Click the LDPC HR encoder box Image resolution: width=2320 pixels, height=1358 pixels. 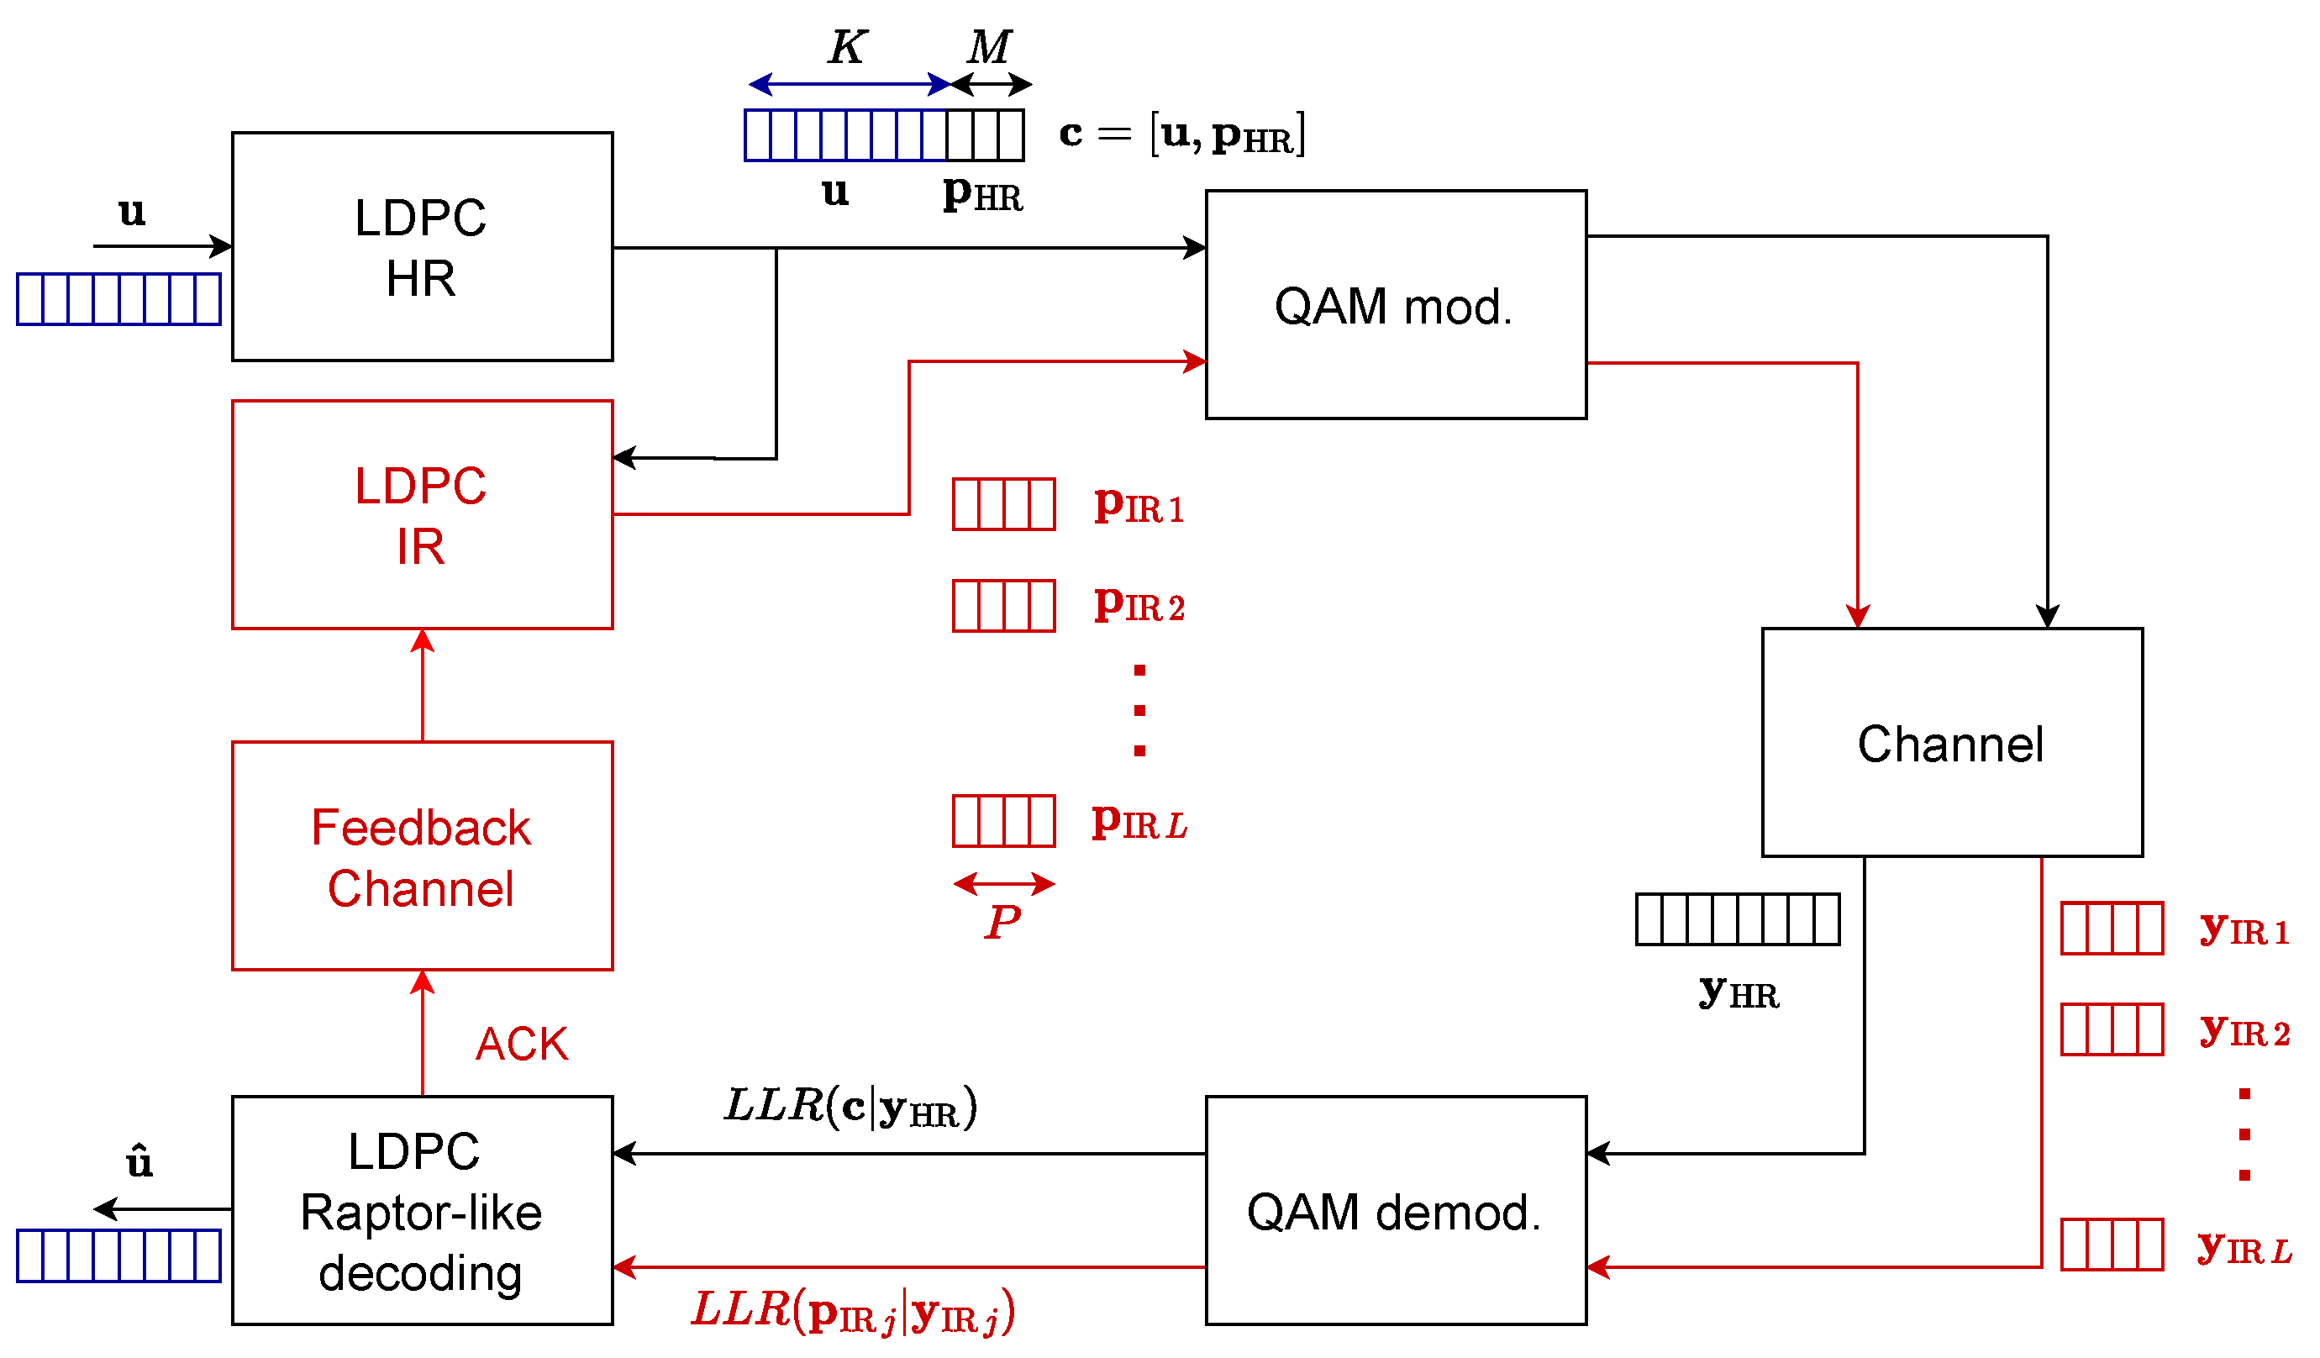coord(422,247)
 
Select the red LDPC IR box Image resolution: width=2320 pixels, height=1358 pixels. coord(422,514)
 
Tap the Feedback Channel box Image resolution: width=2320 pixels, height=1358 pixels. coord(422,856)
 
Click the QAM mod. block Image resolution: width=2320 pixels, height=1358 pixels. coord(1396,305)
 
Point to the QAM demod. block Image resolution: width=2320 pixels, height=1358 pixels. coord(1396,1211)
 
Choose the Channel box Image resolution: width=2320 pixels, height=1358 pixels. coord(1952,743)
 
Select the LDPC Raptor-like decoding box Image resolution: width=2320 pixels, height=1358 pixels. coord(422,1211)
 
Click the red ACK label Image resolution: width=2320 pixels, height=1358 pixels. coord(522,1045)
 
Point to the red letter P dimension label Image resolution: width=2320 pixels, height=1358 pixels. coord(1002,922)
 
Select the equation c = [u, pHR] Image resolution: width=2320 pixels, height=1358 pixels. coord(1182,134)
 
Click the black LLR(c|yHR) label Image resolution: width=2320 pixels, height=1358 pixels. coord(850,1107)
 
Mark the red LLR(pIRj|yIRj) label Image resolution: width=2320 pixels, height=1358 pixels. coord(854,1311)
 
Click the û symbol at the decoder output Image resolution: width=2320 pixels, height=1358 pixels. coord(139,1162)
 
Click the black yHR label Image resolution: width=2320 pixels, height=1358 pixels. coord(1739,993)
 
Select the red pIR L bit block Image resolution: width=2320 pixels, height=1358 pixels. coord(1003,821)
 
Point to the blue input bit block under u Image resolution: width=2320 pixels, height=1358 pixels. coord(118,299)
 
